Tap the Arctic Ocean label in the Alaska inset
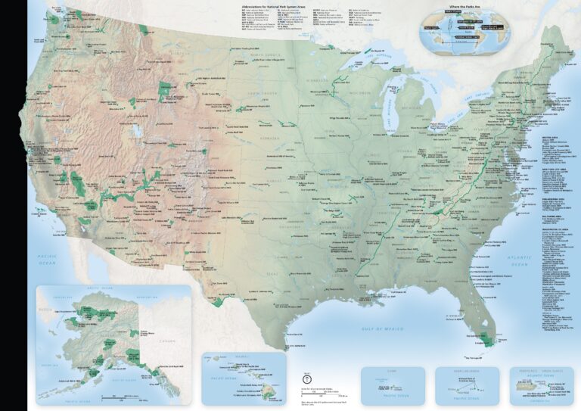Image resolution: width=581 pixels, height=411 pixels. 98,289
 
